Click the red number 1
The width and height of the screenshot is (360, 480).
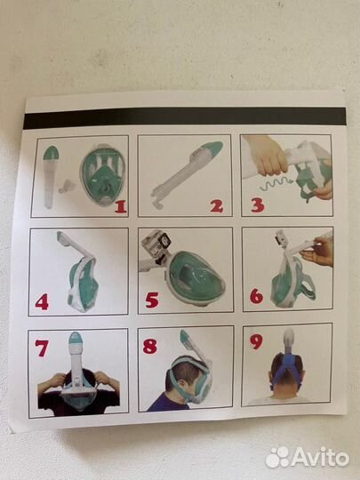121,207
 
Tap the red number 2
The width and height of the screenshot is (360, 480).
217,206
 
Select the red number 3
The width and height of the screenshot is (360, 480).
258,205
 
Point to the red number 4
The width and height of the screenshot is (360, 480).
42,302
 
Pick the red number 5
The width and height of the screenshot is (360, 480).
152,300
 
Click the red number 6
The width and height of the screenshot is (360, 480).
256,296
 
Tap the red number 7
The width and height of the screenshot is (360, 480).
42,348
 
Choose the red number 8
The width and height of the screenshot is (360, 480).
150,347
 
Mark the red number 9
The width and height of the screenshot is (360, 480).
256,341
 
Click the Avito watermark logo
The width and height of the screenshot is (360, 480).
307,458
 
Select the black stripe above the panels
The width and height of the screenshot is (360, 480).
185,117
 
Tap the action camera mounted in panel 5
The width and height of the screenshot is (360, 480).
156,242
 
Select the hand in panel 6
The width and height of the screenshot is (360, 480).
317,252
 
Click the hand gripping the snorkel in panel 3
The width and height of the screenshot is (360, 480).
267,156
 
